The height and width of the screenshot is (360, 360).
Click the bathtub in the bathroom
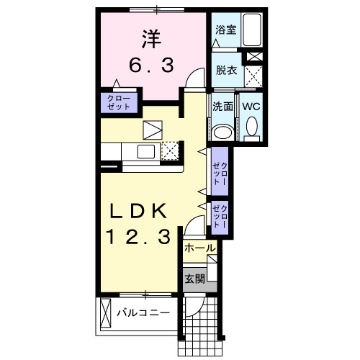coord(252,31)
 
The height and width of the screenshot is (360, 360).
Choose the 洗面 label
coord(222,106)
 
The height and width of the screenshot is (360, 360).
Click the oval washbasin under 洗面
coord(223,131)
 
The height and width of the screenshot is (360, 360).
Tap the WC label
coord(251,106)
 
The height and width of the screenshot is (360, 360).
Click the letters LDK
coord(139,211)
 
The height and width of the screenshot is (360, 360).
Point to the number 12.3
coord(140,235)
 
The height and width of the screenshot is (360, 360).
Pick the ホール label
coord(199,248)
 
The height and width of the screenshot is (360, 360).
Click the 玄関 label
coord(195,279)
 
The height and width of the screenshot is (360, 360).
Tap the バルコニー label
coord(144,313)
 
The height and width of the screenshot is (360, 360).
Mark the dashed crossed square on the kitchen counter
coord(170,150)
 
